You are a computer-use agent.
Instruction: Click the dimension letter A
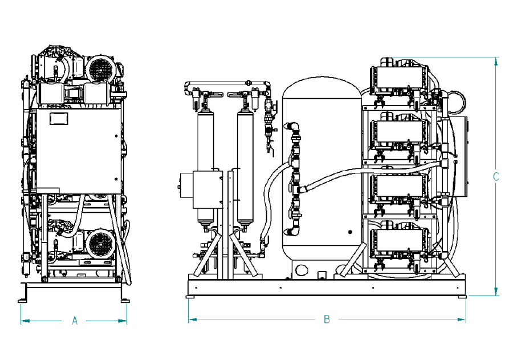(74, 321)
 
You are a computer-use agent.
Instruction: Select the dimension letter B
(327, 319)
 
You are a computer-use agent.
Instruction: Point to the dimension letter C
(496, 177)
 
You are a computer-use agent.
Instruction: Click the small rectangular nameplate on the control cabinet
(59, 119)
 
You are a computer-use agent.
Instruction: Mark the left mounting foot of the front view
(22, 298)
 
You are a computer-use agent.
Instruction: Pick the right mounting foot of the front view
(124, 298)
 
